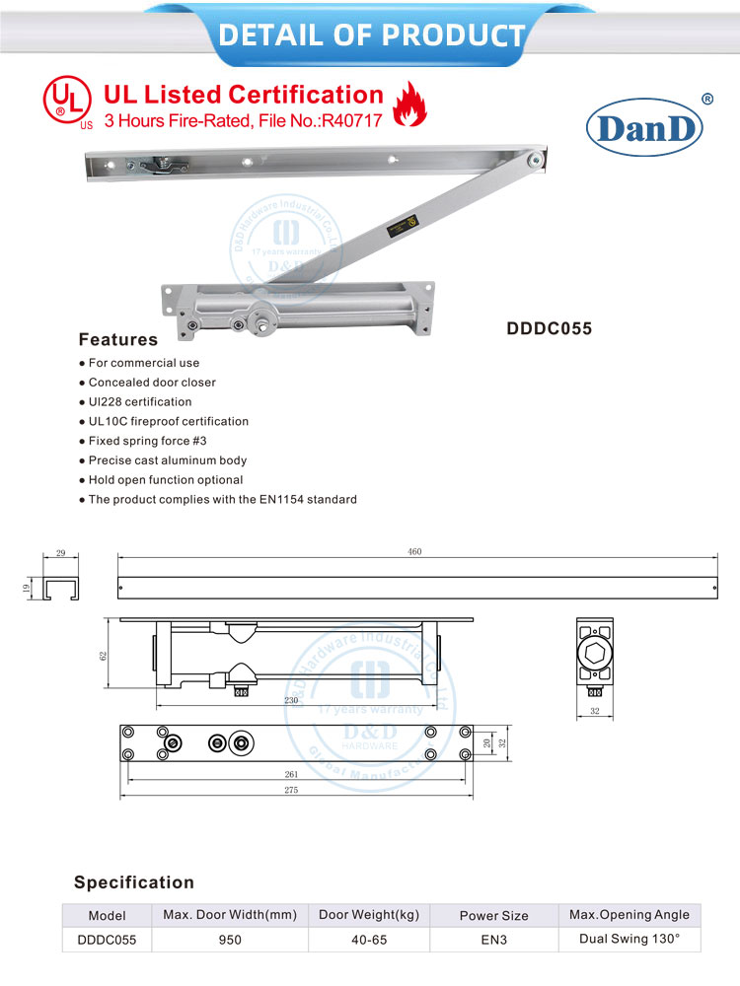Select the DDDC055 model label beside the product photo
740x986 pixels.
point(550,329)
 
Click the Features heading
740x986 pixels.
point(117,339)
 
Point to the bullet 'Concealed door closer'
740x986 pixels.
point(152,382)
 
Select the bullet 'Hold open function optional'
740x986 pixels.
point(166,479)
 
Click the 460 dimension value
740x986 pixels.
point(414,552)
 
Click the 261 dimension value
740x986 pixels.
point(292,775)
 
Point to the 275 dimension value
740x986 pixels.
point(292,792)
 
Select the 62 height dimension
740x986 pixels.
point(103,656)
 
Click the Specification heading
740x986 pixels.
point(134,882)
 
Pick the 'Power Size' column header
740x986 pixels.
point(493,915)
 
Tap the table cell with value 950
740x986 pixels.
point(230,940)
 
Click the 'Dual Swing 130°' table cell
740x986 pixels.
point(629,939)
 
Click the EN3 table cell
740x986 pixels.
point(493,940)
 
